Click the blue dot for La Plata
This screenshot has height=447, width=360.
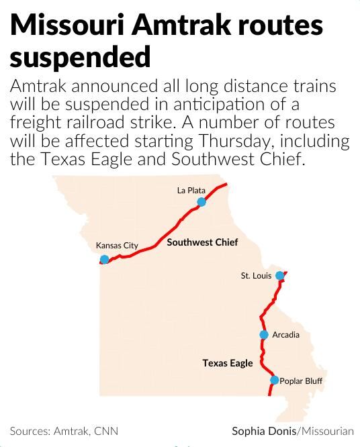click(x=201, y=202)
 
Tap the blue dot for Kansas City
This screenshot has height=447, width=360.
click(x=104, y=260)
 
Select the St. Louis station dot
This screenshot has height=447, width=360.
click(x=280, y=276)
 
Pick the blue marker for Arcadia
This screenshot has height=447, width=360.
click(x=264, y=335)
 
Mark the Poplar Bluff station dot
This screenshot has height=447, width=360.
click(x=274, y=381)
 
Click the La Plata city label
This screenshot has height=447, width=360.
click(x=191, y=191)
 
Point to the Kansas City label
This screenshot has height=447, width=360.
click(x=117, y=246)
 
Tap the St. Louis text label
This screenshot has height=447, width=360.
click(x=256, y=276)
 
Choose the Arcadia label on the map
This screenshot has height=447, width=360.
click(x=286, y=335)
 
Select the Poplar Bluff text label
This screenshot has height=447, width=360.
click(x=301, y=381)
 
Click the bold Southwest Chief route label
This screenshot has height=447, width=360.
click(x=202, y=242)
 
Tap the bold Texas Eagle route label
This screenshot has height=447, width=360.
click(x=228, y=363)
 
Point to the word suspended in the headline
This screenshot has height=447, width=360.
click(x=80, y=58)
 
